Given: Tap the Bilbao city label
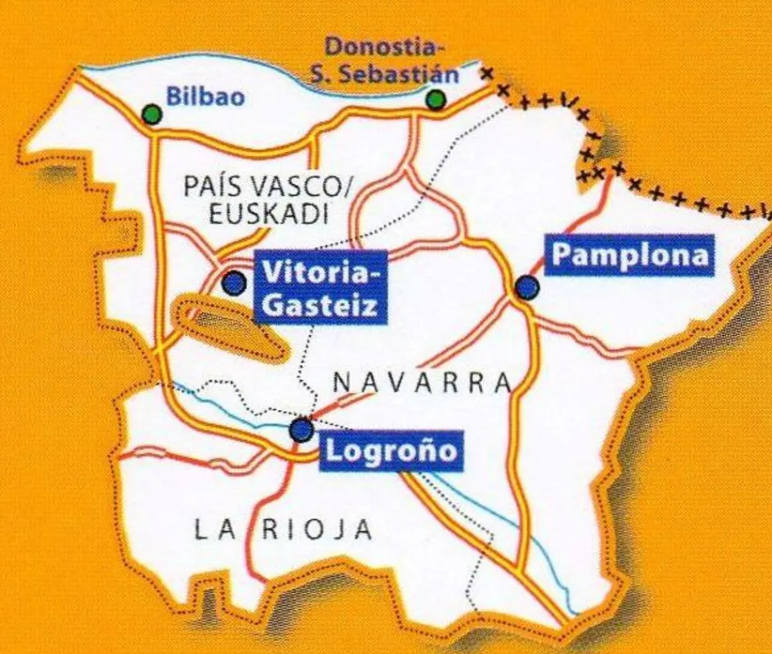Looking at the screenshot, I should click(205, 97).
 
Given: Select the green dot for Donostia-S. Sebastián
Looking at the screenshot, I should click(436, 100).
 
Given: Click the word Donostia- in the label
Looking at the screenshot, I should click(384, 46).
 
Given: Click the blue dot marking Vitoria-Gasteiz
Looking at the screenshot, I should click(233, 283).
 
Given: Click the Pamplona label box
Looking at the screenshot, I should click(630, 256).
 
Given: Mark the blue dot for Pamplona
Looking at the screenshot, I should click(527, 288).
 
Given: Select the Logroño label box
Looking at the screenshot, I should click(391, 449).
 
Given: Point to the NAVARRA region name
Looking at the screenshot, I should click(422, 382).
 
